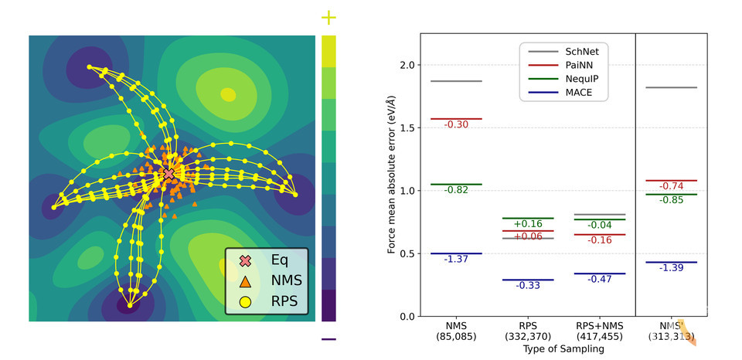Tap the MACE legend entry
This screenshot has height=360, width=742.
coord(563,93)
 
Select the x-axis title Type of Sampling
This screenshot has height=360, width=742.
coord(562,349)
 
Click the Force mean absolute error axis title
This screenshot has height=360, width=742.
coord(392,175)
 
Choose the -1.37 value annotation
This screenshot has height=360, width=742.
coord(456,260)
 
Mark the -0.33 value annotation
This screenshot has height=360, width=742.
coord(529,286)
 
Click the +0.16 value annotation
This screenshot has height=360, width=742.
coord(529,224)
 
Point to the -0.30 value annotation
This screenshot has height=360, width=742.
coord(456,124)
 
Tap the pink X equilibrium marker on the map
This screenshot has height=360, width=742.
coord(169,175)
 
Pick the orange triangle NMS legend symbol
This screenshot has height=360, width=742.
coord(247,282)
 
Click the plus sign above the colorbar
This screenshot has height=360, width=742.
coord(329,17)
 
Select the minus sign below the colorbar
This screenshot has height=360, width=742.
coord(329,339)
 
